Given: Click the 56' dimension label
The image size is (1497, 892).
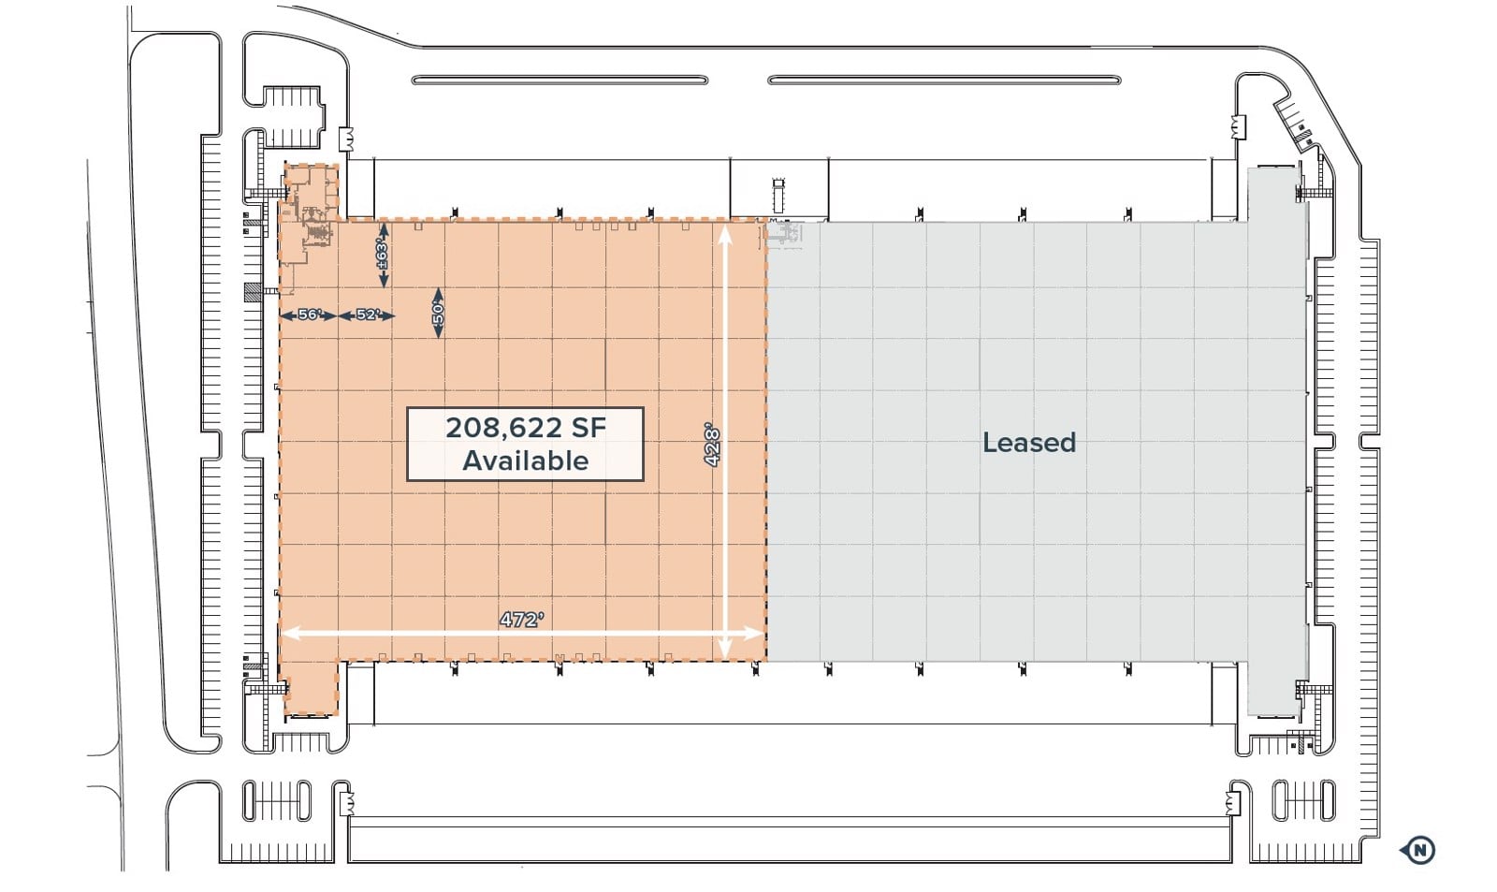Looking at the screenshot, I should [310, 314].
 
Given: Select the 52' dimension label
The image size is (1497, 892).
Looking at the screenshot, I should [368, 314].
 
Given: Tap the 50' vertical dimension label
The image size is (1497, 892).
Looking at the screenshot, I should [438, 314].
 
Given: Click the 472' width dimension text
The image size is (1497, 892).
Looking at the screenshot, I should [521, 620].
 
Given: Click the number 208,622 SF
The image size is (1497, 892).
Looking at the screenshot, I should [525, 428].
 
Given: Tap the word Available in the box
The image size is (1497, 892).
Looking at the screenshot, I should [525, 461].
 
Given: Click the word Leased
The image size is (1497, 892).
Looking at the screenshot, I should [1028, 442].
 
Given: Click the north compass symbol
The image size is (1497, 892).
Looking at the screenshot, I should [1419, 850].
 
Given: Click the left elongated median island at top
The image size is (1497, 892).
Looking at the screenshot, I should [560, 80].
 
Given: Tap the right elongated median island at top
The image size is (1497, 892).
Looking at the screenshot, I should [944, 80].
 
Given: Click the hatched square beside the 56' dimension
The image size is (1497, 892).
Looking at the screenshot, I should [252, 292].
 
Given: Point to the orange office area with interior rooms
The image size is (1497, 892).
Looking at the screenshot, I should [309, 206].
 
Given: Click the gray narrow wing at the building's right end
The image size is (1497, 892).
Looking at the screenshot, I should [1276, 440].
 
